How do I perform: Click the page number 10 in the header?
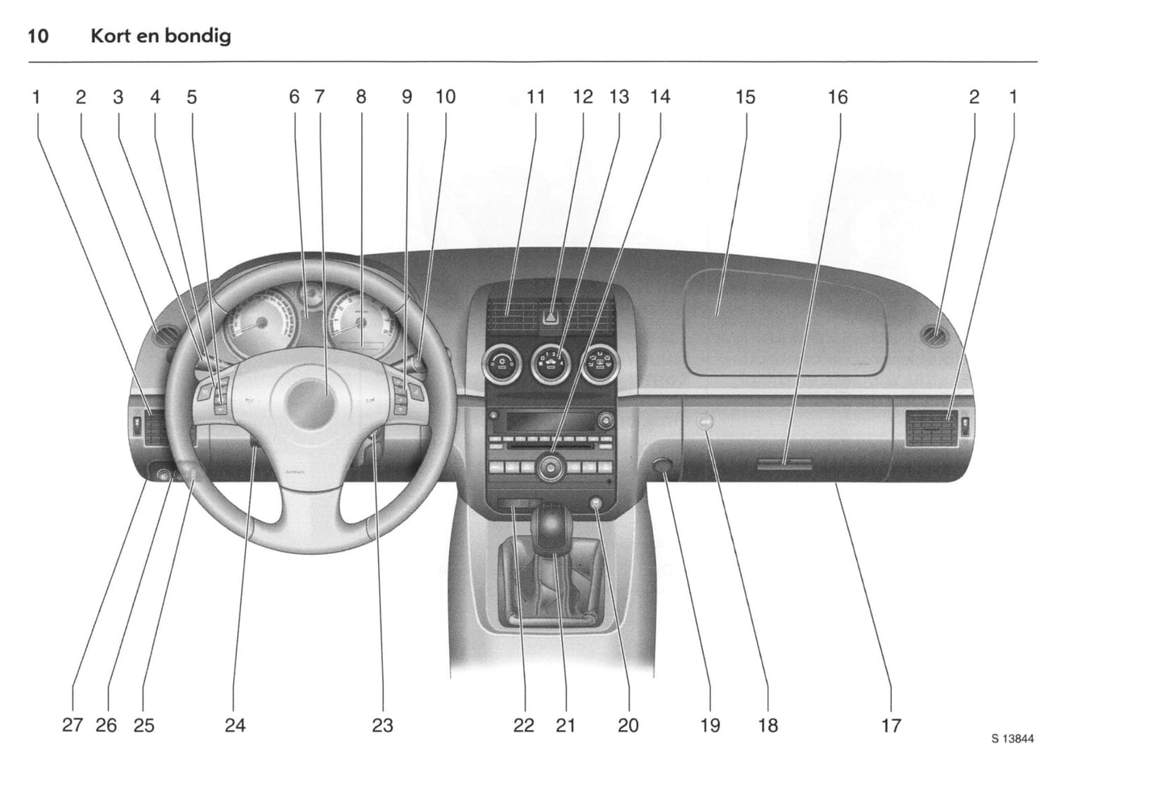pos(38,36)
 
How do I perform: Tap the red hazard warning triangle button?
pos(551,317)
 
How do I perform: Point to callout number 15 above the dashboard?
pos(745,98)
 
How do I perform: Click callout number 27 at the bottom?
pos(73,725)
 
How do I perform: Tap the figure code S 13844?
pos(1013,738)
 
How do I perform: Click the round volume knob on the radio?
pos(551,467)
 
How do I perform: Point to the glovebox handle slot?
pos(784,465)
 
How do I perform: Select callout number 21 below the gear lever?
pos(565,725)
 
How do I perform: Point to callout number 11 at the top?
pos(535,98)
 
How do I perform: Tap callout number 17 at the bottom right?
pos(891,725)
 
